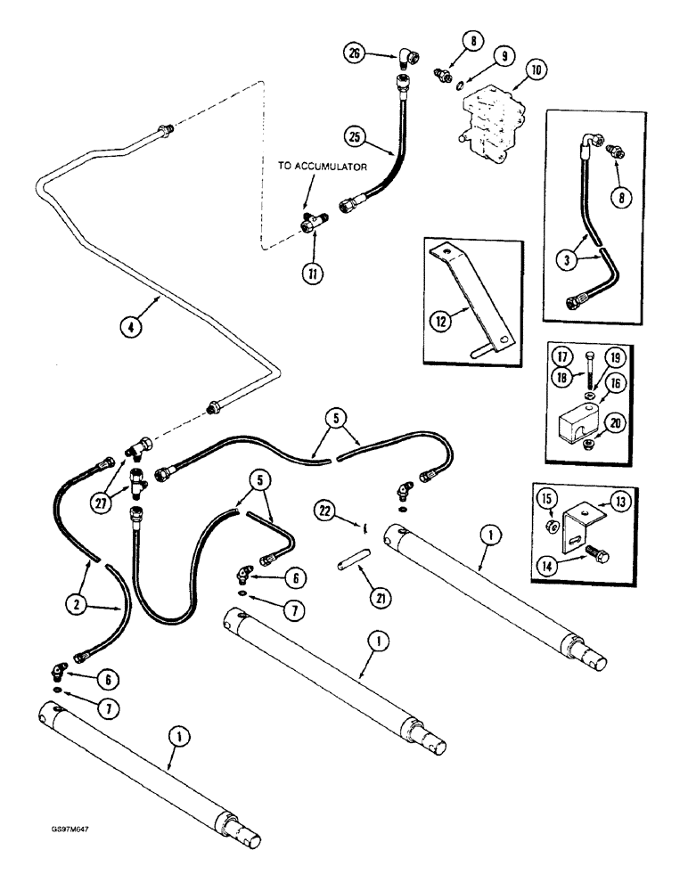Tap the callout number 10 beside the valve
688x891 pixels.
click(x=537, y=68)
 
